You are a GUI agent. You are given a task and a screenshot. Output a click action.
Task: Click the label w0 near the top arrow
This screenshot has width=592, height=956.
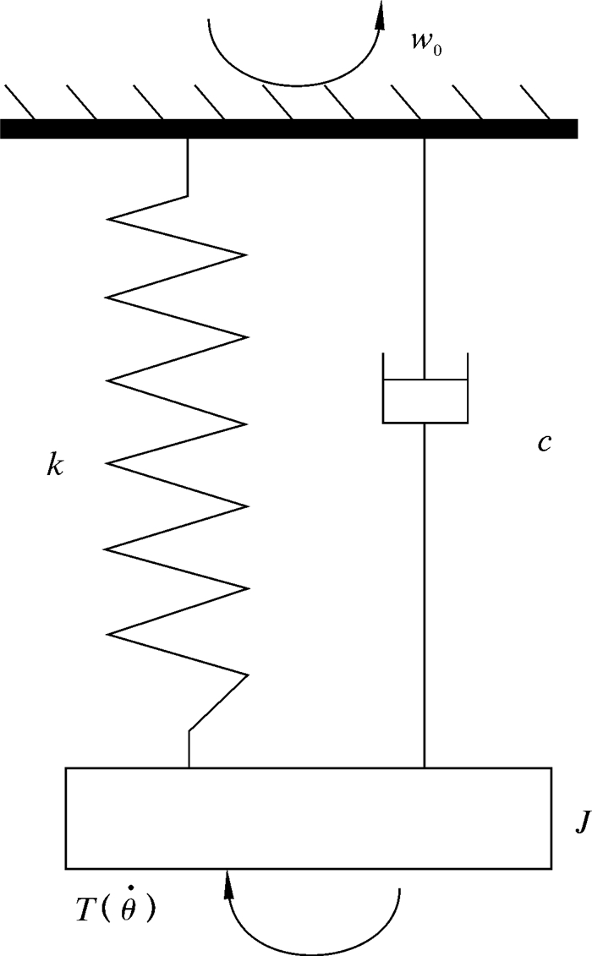point(424,44)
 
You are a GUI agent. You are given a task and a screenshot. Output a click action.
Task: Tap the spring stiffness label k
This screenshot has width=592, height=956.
point(55,466)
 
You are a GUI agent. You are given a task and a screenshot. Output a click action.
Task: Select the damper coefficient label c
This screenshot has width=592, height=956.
point(545,443)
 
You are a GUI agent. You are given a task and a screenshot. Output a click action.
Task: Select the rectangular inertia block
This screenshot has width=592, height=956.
point(309,817)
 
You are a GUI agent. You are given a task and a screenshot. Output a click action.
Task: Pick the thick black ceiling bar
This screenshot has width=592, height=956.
point(288,128)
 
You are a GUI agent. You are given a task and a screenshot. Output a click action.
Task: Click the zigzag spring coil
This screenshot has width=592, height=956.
point(178,423)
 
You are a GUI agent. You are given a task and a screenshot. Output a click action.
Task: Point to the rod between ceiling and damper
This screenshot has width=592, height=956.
point(425,254)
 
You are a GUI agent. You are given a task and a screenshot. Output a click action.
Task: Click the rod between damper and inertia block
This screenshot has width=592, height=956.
point(425,592)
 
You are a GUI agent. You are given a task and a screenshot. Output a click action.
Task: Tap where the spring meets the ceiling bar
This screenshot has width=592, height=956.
point(187,139)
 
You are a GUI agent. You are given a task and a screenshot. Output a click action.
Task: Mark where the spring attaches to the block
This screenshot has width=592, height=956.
point(189,766)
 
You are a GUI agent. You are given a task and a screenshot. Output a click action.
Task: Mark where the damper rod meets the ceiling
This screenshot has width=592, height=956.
point(425,139)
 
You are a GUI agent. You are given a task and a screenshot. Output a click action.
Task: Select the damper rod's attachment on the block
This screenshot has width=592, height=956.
point(425,766)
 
